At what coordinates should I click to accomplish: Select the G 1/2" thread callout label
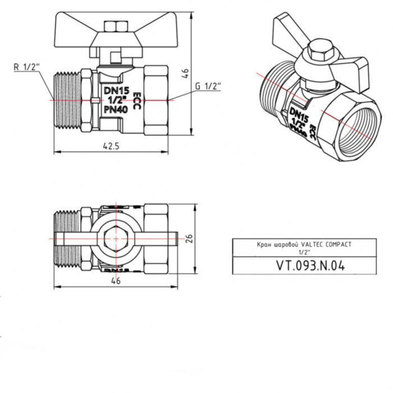click(208, 85)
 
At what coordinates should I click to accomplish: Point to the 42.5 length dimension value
click(111, 145)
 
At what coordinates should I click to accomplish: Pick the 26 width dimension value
click(191, 238)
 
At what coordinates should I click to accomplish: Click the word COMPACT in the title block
click(340, 245)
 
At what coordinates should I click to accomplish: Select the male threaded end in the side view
click(67, 100)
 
